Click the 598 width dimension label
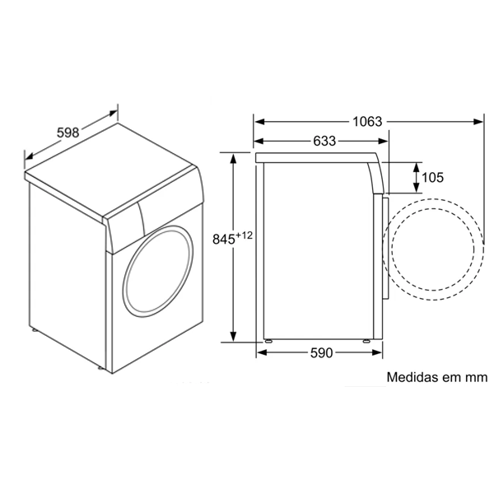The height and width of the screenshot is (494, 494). [68, 133]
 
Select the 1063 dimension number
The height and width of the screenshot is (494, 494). [367, 122]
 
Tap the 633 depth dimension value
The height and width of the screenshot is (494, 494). [324, 141]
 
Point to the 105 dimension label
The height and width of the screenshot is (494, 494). [432, 178]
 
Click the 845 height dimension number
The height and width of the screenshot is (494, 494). [224, 240]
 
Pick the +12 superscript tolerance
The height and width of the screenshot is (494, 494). [245, 235]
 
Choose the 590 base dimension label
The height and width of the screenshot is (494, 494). [321, 353]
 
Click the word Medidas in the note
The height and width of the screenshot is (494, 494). [408, 377]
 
